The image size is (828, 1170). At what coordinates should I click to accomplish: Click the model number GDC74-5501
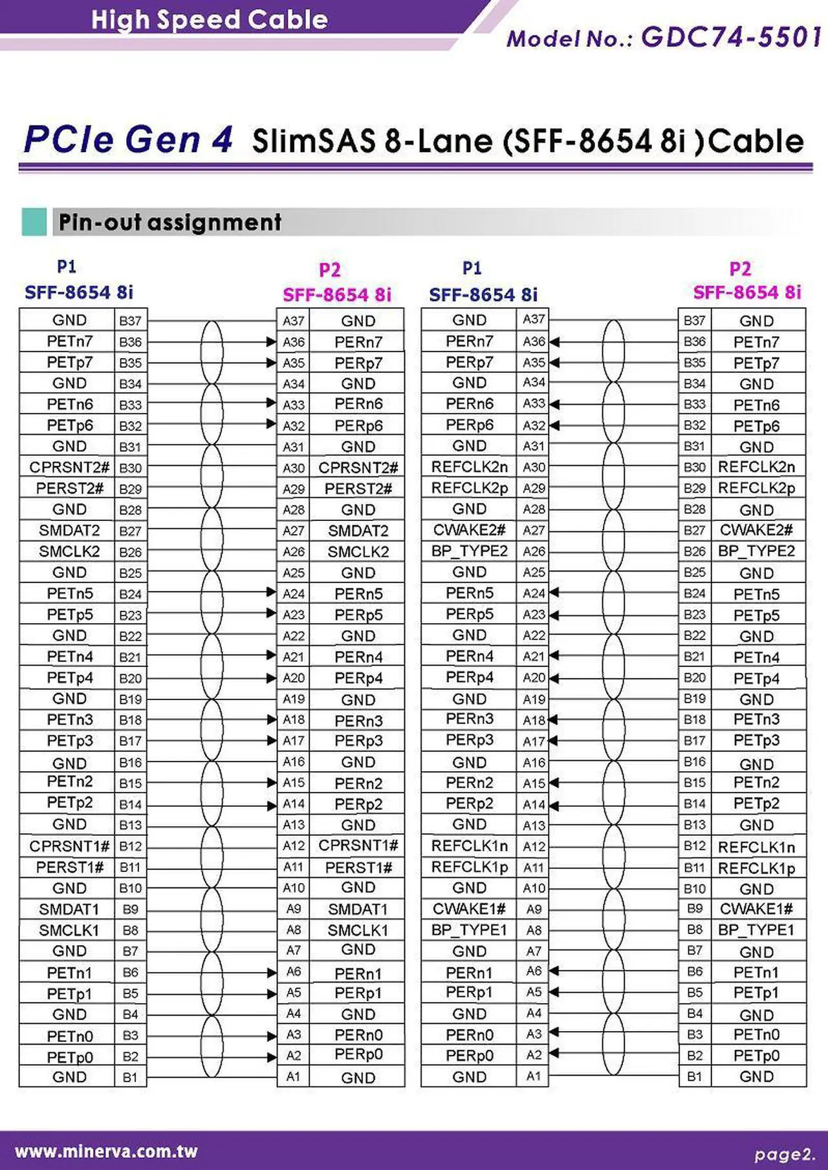[x=731, y=37]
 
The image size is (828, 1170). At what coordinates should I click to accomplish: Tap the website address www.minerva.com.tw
[x=106, y=1151]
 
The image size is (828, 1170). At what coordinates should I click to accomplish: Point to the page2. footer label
[x=784, y=1154]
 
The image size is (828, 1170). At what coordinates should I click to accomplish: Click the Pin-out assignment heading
[x=169, y=222]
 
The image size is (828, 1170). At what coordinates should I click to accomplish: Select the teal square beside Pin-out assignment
[x=34, y=222]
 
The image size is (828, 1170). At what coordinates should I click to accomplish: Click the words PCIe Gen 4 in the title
[x=127, y=140]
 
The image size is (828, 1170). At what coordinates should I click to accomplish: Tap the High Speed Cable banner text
[x=209, y=19]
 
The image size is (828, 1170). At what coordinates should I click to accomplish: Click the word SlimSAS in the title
[x=314, y=142]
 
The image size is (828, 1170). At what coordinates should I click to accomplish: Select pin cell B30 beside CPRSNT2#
[x=130, y=468]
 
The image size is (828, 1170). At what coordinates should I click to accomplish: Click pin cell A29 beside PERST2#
[x=294, y=489]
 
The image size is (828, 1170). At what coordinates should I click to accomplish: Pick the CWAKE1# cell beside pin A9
[x=469, y=909]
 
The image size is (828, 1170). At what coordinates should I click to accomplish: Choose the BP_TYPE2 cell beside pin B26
[x=756, y=551]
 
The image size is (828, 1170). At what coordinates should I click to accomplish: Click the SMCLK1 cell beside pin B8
[x=69, y=930]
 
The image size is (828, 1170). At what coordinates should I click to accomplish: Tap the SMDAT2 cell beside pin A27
[x=358, y=531]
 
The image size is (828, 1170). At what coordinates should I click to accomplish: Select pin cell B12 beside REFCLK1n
[x=694, y=846]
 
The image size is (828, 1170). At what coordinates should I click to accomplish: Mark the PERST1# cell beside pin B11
[x=69, y=867]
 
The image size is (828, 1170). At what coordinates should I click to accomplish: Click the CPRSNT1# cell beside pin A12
[x=358, y=846]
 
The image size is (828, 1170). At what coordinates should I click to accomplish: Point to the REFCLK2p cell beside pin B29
[x=756, y=488]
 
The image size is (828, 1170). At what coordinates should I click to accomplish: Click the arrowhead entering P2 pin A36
[x=272, y=341]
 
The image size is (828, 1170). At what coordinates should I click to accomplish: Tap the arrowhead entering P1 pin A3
[x=554, y=1032]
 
